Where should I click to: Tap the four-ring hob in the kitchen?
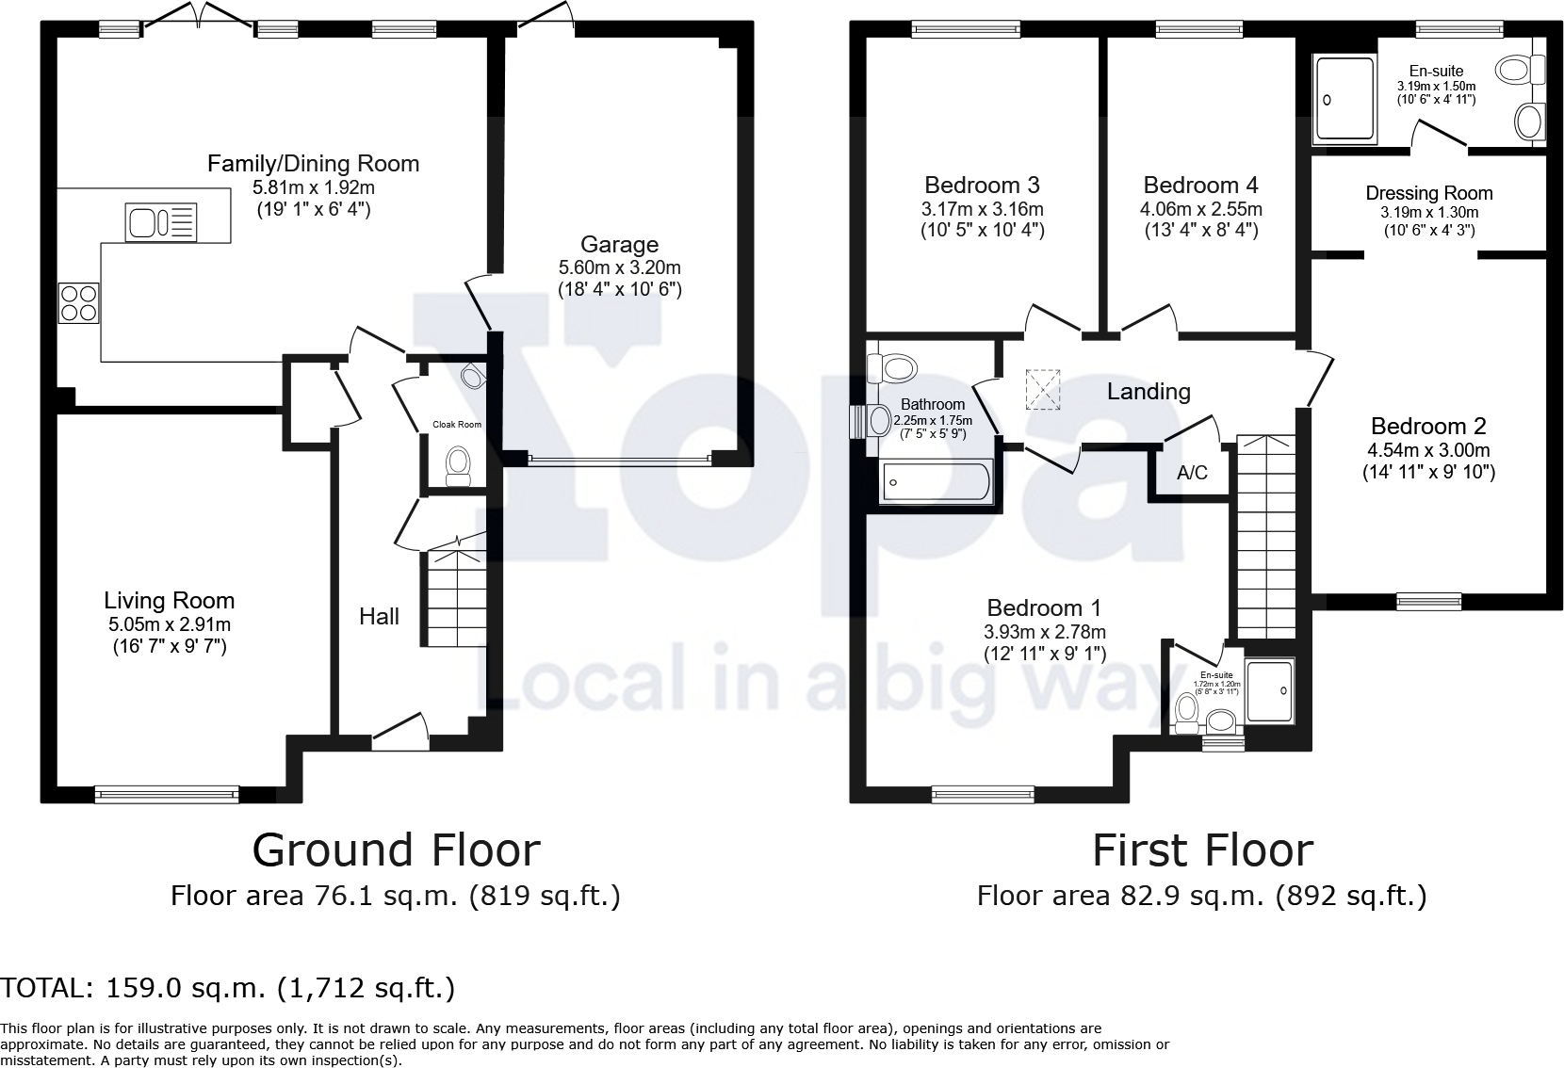(79, 303)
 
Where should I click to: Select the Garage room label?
(619, 245)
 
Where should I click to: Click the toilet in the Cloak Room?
(459, 466)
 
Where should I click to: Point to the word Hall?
(379, 617)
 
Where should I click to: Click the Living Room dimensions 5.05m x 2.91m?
(170, 624)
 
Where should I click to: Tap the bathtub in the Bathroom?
(935, 481)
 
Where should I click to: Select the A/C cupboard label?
(1192, 473)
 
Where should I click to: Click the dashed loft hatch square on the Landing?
(1041, 390)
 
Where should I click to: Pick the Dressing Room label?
(1429, 193)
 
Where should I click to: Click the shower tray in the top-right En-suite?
(1344, 99)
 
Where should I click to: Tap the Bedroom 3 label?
(982, 185)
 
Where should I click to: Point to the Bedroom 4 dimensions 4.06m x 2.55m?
(1200, 209)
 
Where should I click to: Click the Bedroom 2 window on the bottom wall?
(1428, 600)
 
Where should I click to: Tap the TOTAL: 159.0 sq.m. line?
(227, 988)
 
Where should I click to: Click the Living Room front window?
(167, 795)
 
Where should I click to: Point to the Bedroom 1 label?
(1044, 607)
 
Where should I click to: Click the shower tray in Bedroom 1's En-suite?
(1270, 690)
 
